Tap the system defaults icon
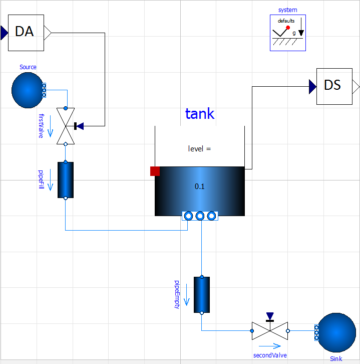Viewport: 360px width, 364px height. [x=288, y=33]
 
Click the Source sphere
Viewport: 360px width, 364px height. [x=28, y=90]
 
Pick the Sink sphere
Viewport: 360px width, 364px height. [x=336, y=332]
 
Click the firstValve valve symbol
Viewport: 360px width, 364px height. [x=66, y=126]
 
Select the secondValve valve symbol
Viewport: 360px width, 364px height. [x=270, y=330]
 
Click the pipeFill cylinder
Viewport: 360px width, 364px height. [x=66, y=179]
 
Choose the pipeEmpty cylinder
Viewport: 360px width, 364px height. [x=202, y=294]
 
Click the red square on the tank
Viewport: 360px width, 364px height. [x=155, y=171]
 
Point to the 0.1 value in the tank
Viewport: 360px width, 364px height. [x=200, y=187]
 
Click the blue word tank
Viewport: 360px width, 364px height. [x=200, y=114]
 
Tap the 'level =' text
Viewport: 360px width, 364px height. [x=200, y=148]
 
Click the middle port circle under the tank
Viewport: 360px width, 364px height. [x=200, y=216]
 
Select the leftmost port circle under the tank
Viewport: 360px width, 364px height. [x=188, y=216]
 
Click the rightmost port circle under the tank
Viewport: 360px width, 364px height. [x=211, y=216]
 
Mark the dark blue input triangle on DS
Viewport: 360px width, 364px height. [x=312, y=87]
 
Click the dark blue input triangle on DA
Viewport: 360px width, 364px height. [x=4, y=33]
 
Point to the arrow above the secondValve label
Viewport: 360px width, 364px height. [x=270, y=346]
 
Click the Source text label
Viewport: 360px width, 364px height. [x=28, y=67]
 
